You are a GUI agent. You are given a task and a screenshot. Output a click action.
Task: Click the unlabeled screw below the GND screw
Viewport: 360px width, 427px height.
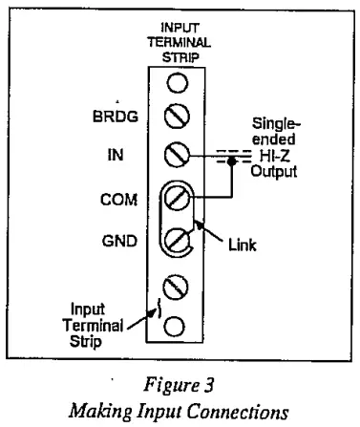coord(175,285)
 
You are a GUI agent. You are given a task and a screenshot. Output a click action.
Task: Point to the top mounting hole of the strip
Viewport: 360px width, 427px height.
coord(175,81)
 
